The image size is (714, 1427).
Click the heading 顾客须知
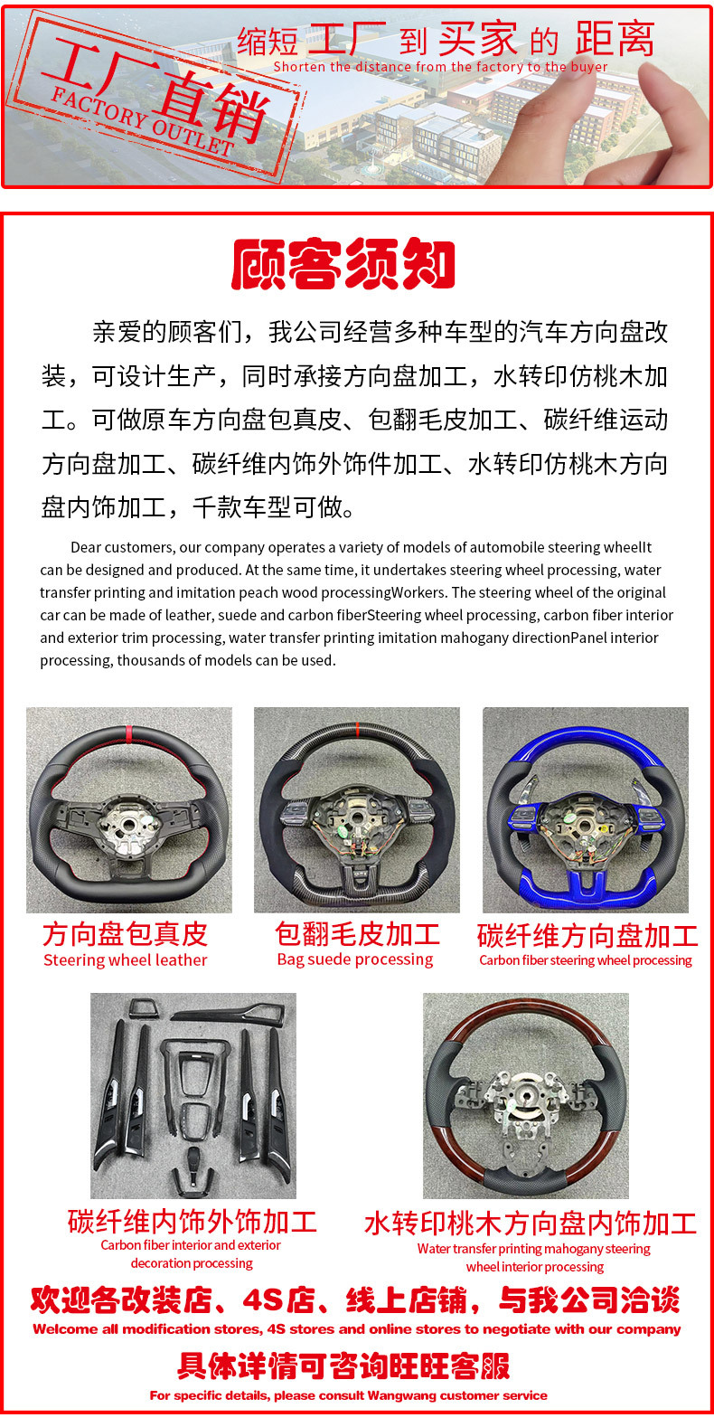point(343,265)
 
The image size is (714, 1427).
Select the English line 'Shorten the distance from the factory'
point(440,67)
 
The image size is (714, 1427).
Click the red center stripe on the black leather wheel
point(128,730)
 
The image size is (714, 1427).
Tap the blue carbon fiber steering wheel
point(585,809)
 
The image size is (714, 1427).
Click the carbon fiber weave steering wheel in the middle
point(357,809)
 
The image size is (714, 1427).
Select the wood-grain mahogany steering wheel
point(526,1096)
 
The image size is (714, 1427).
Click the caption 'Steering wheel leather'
point(126,960)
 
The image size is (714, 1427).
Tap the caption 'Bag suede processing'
point(355,959)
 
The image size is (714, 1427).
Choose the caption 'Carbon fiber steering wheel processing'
point(586,960)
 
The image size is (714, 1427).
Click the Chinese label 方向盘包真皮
point(125,934)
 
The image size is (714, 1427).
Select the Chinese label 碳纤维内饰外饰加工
point(193,1222)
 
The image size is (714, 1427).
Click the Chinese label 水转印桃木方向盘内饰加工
point(531,1224)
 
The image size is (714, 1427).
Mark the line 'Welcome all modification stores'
point(357,1329)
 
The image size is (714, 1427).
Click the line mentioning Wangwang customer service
point(349,1395)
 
